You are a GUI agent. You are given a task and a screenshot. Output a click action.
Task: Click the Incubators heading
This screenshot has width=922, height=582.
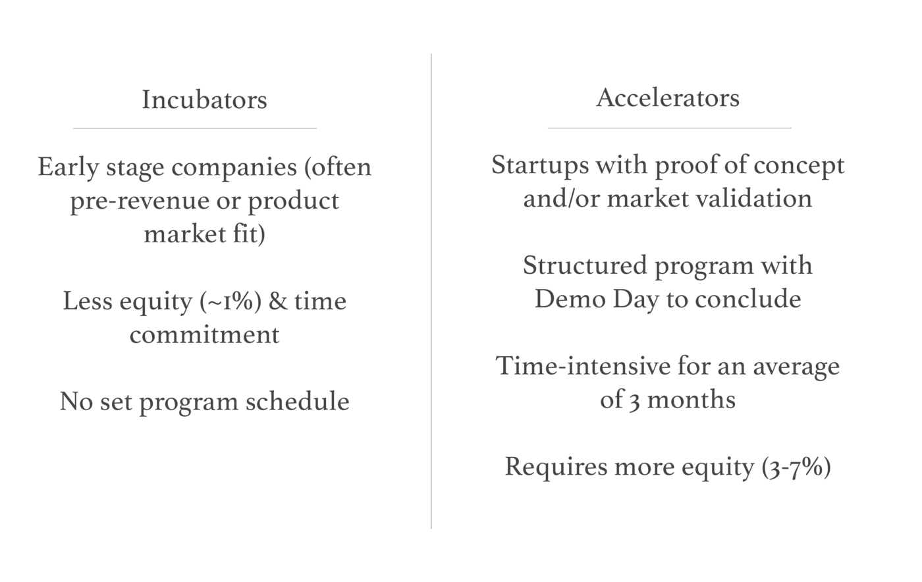pos(204,100)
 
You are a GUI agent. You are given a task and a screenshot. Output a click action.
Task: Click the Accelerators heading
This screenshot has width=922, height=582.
pos(668,98)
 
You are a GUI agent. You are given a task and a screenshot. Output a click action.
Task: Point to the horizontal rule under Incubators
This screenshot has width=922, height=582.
pos(195,128)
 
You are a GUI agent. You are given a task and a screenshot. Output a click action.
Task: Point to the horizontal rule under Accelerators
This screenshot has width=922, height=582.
pos(669,128)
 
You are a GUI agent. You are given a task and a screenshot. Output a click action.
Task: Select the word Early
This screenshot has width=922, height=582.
pos(67,167)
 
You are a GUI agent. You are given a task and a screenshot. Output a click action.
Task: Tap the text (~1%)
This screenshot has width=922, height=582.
pos(230,302)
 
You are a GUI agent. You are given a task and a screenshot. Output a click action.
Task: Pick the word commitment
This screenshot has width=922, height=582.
pos(204,334)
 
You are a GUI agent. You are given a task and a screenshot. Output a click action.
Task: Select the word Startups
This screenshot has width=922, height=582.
pos(540,165)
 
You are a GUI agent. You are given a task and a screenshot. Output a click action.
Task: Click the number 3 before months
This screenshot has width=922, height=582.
pos(634,400)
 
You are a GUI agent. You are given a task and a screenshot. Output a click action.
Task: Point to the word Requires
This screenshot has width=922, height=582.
pos(555,467)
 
